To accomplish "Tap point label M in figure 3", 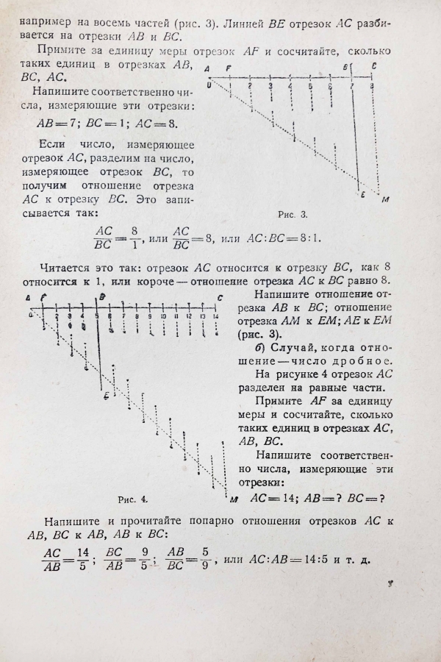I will [x=385, y=199].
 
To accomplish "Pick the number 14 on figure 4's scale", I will [x=216, y=316].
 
